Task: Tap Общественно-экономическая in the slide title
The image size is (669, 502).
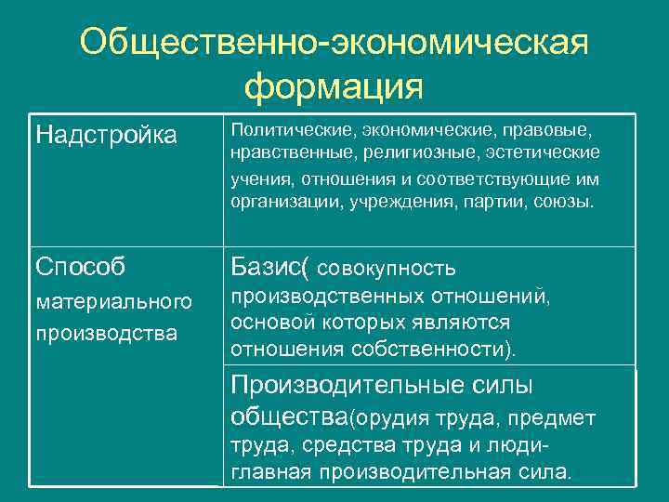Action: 334,41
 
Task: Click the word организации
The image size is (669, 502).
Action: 280,202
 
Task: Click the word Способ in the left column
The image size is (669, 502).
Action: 80,267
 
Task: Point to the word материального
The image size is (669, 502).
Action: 113,301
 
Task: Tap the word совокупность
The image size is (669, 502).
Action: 387,270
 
